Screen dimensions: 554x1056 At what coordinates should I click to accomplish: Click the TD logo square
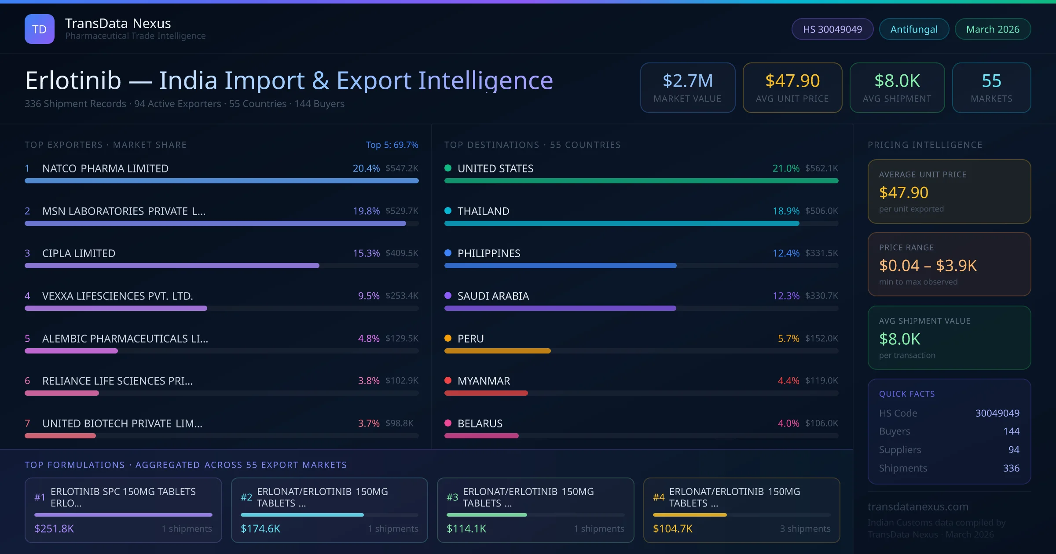40,29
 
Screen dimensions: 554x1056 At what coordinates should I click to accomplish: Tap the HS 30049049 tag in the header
832,29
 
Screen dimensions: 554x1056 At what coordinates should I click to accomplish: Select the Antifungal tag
914,29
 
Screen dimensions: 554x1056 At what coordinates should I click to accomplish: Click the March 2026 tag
993,29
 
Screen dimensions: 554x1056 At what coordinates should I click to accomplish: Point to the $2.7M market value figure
687,81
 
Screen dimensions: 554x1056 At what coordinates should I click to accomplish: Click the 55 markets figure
991,81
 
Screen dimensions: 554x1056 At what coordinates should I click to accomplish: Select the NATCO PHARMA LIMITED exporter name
105,168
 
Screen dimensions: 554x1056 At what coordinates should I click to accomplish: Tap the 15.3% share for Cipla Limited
366,253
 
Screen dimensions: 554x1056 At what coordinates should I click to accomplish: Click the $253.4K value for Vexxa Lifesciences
402,296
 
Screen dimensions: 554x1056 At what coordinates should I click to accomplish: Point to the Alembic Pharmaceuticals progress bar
71,351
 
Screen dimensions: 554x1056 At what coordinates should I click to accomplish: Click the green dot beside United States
448,168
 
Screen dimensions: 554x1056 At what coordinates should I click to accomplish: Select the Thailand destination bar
621,223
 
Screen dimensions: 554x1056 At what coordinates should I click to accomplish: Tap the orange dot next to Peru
448,338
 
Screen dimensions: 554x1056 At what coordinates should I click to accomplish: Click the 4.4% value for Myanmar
788,381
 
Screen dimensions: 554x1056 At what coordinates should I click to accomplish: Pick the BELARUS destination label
480,423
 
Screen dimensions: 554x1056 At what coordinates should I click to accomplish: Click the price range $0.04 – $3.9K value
928,266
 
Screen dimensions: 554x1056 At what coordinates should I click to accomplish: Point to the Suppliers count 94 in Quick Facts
1014,450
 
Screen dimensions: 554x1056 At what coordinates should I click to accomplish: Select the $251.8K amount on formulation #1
54,528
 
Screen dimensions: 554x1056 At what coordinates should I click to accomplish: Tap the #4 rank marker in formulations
659,497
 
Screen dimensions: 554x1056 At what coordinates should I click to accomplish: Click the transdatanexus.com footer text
918,507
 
